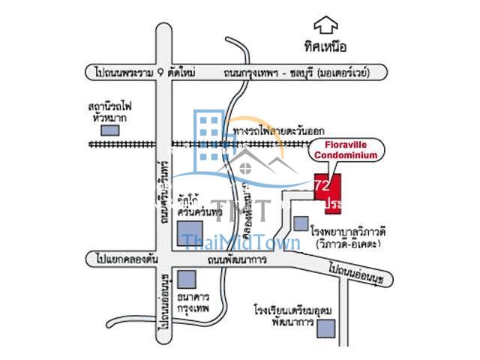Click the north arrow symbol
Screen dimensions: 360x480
326,26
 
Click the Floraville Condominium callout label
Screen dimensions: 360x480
346,150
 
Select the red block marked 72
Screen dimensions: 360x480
327,192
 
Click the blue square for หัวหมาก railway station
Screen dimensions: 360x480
111,130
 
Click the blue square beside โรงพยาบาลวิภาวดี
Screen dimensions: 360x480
301,223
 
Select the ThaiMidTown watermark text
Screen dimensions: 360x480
241,242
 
